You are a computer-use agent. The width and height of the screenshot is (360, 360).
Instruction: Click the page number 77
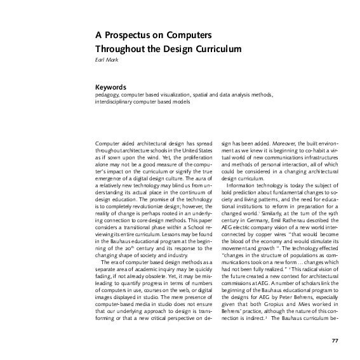335,342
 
